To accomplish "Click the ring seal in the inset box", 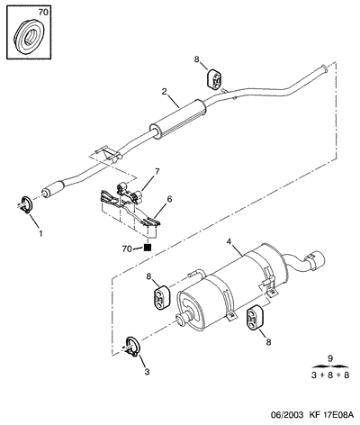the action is pos(29,37).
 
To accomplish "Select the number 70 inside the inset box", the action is pos(43,13).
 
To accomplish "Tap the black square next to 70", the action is pos(148,248).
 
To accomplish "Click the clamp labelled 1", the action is pos(26,205).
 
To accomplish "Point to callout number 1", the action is pos(40,233).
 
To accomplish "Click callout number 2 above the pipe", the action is pos(164,92).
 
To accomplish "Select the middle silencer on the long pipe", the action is pos(177,120).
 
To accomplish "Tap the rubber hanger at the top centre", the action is pos(214,79).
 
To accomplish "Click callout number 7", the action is pos(157,171).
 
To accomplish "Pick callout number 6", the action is pos(169,199).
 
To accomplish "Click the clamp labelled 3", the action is pos(131,348).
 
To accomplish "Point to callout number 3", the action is pos(147,372).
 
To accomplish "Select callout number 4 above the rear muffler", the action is pos(229,241).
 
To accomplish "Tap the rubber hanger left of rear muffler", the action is pos(162,296).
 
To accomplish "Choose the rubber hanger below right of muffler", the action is pos(255,318).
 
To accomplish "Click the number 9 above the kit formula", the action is pos(330,358).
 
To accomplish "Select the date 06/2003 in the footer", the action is pos(284,415).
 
